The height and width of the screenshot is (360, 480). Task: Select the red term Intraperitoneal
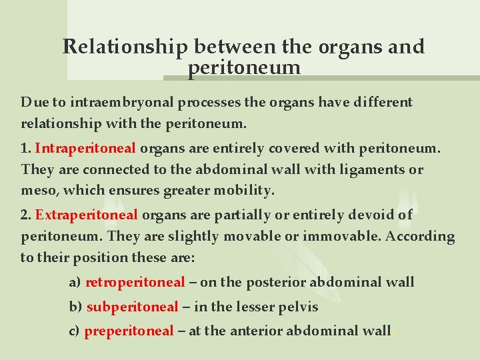(85, 148)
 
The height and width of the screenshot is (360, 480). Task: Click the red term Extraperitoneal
(87, 215)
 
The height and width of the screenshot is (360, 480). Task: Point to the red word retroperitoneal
(135, 283)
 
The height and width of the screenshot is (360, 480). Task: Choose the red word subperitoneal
(133, 307)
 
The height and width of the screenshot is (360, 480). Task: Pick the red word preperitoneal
(129, 331)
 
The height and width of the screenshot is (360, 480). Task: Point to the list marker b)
(75, 307)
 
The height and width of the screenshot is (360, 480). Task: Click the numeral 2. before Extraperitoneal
(27, 215)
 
